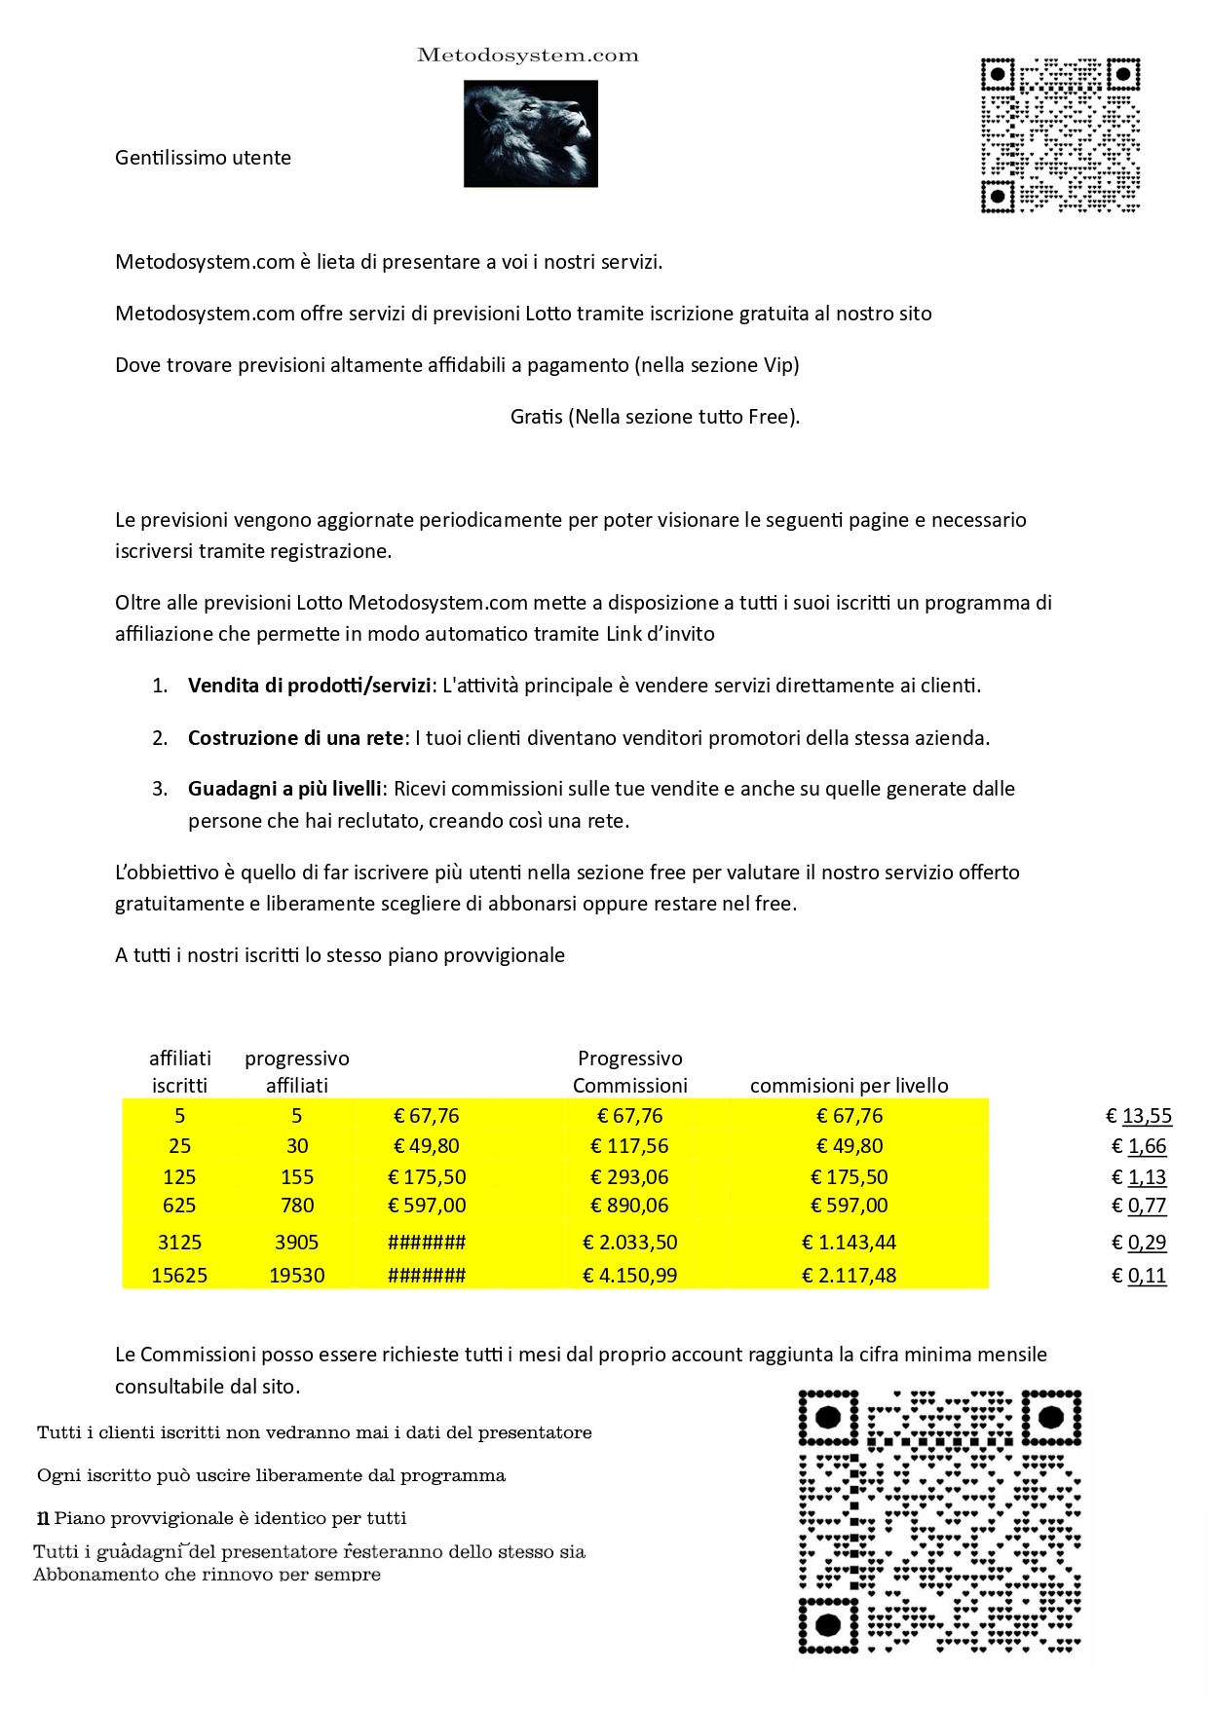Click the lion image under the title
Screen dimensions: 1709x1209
click(x=530, y=133)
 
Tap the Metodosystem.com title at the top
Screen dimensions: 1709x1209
click(x=527, y=56)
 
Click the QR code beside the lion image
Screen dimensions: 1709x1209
click(x=1060, y=134)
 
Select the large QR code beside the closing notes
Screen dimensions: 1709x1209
click(x=939, y=1522)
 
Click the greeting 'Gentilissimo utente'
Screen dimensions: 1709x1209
click(x=203, y=158)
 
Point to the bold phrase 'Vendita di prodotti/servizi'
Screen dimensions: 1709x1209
click(x=309, y=686)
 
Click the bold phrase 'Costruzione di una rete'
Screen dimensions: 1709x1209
click(x=295, y=738)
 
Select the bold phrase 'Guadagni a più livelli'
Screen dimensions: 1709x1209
click(x=284, y=789)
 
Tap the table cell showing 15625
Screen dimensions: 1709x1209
click(x=179, y=1276)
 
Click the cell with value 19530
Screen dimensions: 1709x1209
click(x=297, y=1276)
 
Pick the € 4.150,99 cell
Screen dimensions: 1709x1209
click(x=629, y=1276)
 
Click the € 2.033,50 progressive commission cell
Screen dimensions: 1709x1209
click(x=629, y=1243)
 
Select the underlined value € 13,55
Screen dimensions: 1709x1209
click(x=1139, y=1116)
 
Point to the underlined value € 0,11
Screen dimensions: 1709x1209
click(x=1139, y=1276)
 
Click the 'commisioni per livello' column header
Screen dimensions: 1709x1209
click(x=849, y=1086)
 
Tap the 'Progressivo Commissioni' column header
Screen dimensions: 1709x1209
click(x=629, y=1072)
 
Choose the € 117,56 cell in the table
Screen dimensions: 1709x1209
click(x=629, y=1146)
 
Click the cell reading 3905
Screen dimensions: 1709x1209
click(x=297, y=1243)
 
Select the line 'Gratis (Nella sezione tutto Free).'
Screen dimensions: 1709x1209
click(x=655, y=417)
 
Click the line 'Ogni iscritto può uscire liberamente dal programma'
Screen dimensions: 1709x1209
click(x=271, y=1475)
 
